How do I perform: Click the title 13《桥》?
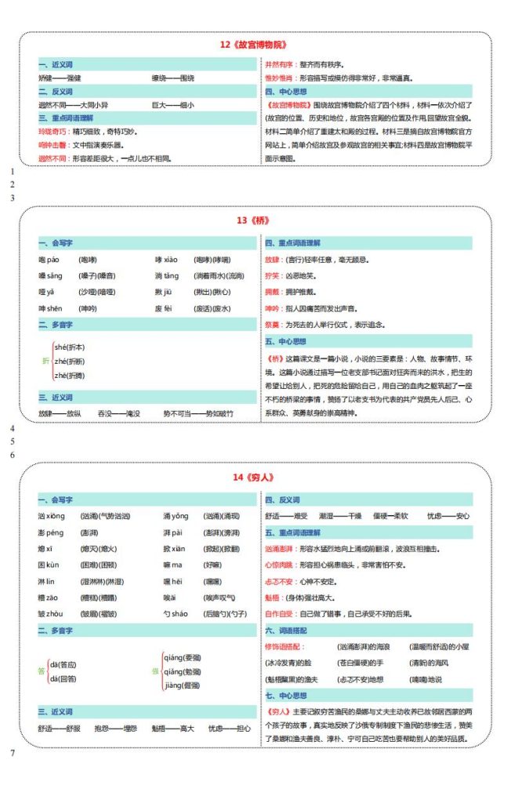255,220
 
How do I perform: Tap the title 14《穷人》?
255,478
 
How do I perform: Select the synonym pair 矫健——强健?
60,78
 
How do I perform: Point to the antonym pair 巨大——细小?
172,104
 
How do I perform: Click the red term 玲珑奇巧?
53,132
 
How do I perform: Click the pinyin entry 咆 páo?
49,260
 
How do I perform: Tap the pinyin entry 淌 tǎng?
167,276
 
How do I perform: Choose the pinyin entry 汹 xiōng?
51,516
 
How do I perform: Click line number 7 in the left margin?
13,753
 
